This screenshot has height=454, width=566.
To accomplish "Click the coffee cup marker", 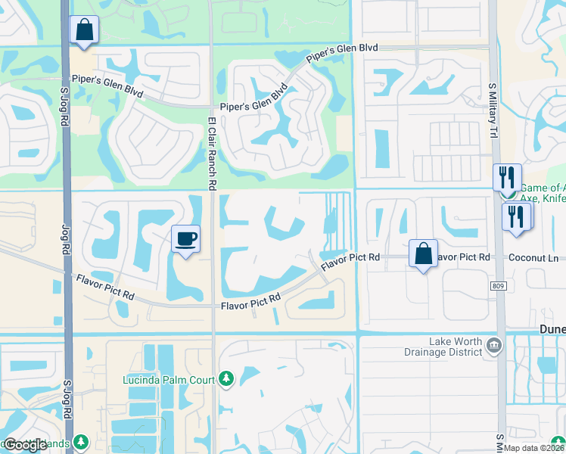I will pyautogui.click(x=186, y=240).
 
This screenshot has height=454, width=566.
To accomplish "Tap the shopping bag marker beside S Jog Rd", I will pyautogui.click(x=84, y=31).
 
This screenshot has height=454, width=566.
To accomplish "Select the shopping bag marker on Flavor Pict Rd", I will pyautogui.click(x=423, y=254).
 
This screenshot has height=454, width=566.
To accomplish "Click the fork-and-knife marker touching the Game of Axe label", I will pyautogui.click(x=506, y=179).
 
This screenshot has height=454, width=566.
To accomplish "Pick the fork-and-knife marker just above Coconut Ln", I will pyautogui.click(x=517, y=216).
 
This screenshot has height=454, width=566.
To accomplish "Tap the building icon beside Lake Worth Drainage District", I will pyautogui.click(x=494, y=346).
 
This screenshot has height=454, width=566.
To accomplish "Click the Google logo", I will pyautogui.click(x=26, y=444).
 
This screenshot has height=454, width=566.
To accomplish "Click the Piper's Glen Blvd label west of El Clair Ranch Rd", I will pyautogui.click(x=107, y=84).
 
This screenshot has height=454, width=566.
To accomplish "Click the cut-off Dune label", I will pyautogui.click(x=552, y=328).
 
